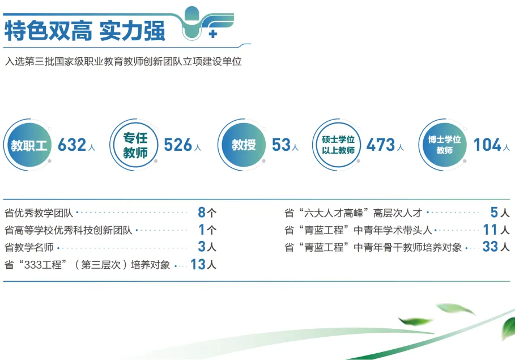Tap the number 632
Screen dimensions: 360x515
click(x=72, y=145)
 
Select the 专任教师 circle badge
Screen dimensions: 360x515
click(x=135, y=145)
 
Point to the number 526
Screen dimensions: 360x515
click(x=178, y=145)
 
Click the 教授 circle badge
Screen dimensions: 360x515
click(x=244, y=145)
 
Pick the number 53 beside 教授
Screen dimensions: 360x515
click(x=281, y=145)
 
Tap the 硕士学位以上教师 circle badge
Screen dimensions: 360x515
click(x=338, y=145)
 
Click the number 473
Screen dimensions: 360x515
click(x=380, y=145)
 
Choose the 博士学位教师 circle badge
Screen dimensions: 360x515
click(x=444, y=145)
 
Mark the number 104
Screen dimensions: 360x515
click(x=487, y=145)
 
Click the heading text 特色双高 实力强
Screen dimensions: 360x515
click(x=85, y=31)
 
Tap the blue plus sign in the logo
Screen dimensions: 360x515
click(x=213, y=34)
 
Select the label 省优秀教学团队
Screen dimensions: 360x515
click(x=39, y=213)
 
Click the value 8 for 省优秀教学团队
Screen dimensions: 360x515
click(x=202, y=213)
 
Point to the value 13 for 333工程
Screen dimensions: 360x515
click(x=197, y=264)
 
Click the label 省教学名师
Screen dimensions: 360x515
click(x=30, y=247)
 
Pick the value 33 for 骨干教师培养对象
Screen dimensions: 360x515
click(x=490, y=247)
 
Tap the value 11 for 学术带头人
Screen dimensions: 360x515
click(x=490, y=230)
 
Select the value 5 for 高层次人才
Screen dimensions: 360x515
click(x=494, y=213)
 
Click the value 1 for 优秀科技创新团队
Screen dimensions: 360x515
click(x=202, y=230)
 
